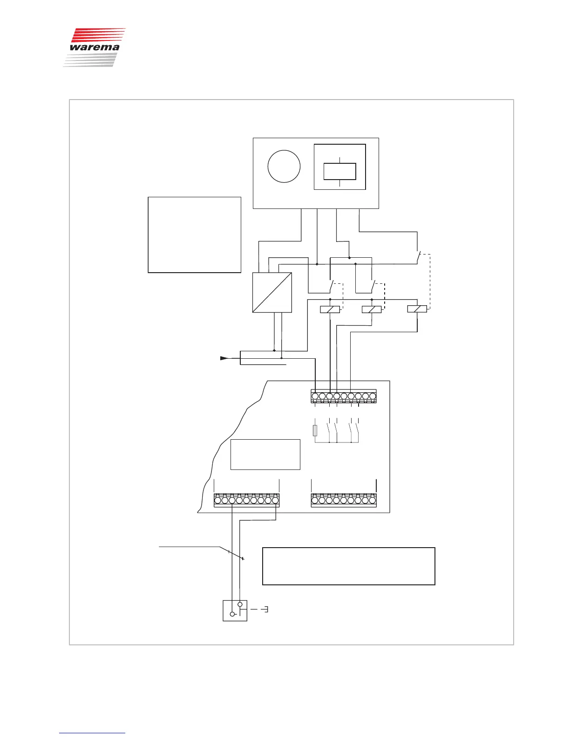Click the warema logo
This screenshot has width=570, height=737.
pyautogui.click(x=94, y=47)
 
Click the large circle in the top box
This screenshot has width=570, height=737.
pyautogui.click(x=284, y=166)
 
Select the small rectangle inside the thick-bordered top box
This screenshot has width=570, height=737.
pyautogui.click(x=339, y=171)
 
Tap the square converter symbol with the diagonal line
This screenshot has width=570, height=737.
pyautogui.click(x=272, y=292)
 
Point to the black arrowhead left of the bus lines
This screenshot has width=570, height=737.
pyautogui.click(x=224, y=358)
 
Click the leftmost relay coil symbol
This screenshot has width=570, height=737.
pyautogui.click(x=330, y=309)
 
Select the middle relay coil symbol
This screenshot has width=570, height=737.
pyautogui.click(x=372, y=309)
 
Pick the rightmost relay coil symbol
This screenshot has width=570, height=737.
pyautogui.click(x=417, y=309)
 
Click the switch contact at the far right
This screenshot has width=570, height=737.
pyautogui.click(x=418, y=257)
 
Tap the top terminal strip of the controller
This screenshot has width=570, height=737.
pyautogui.click(x=344, y=396)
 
